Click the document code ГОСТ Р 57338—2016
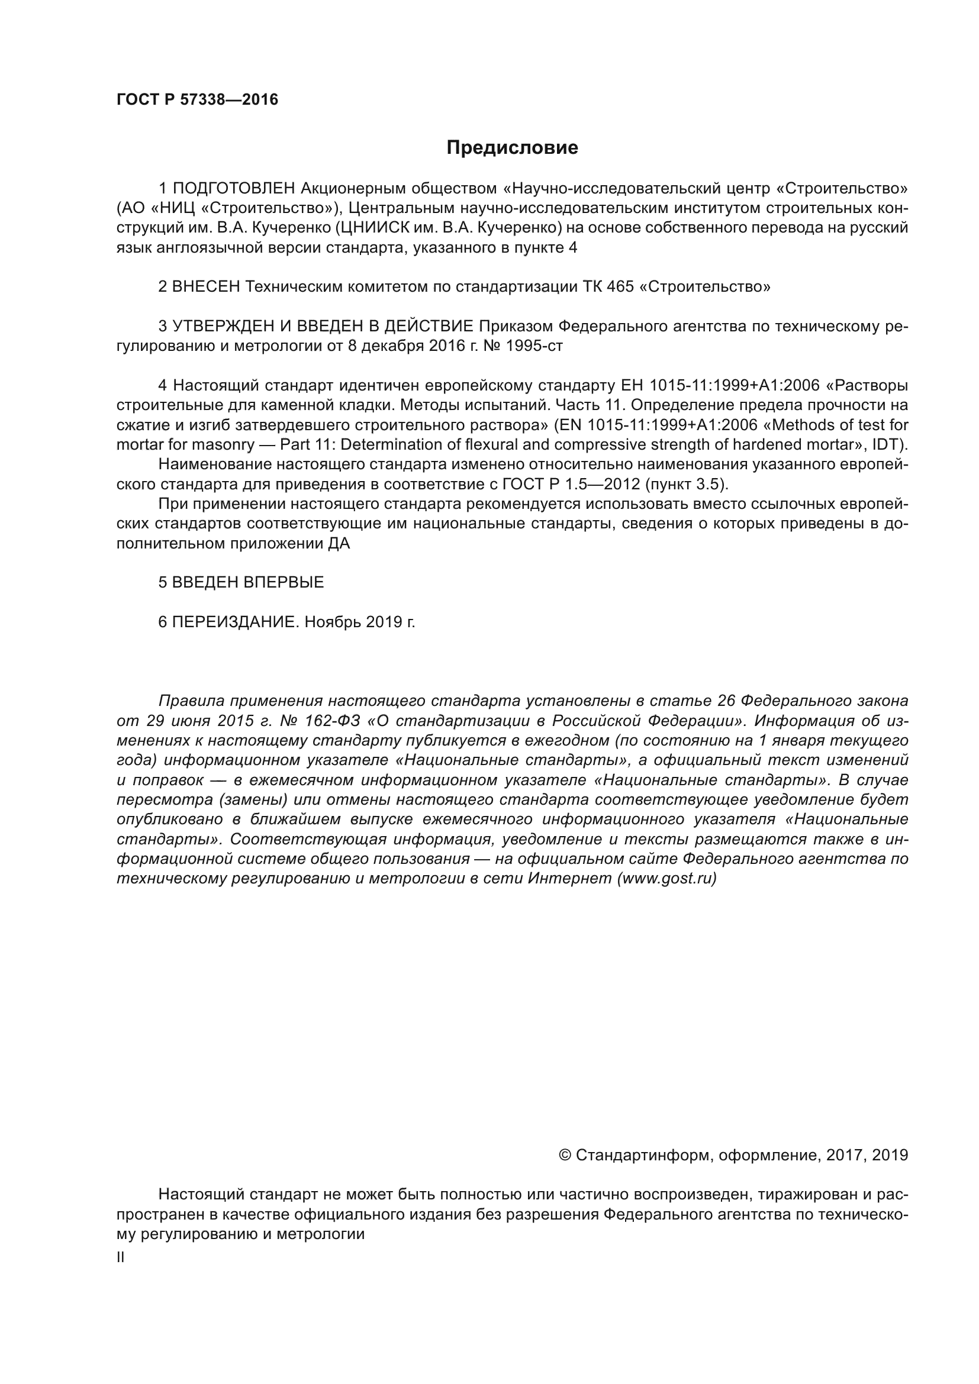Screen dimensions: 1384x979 [197, 100]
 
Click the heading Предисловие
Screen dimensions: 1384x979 [512, 148]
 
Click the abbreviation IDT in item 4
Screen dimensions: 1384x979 [888, 445]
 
